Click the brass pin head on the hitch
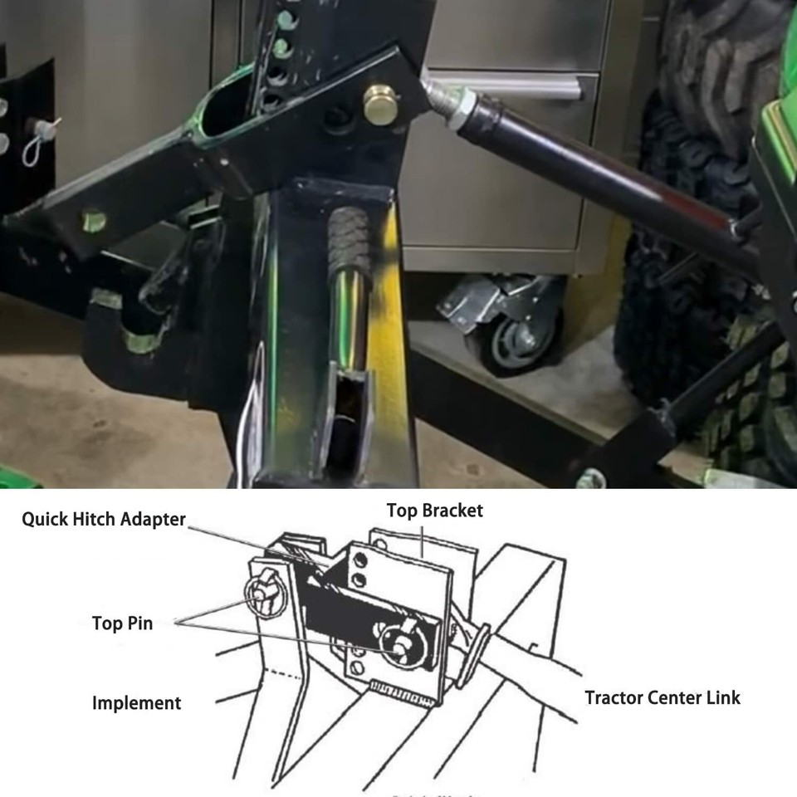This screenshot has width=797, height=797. [382, 105]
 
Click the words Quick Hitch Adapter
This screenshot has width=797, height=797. [104, 520]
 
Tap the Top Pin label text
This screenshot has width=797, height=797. [122, 623]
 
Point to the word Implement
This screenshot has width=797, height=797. [136, 703]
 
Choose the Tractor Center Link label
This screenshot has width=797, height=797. [663, 697]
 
